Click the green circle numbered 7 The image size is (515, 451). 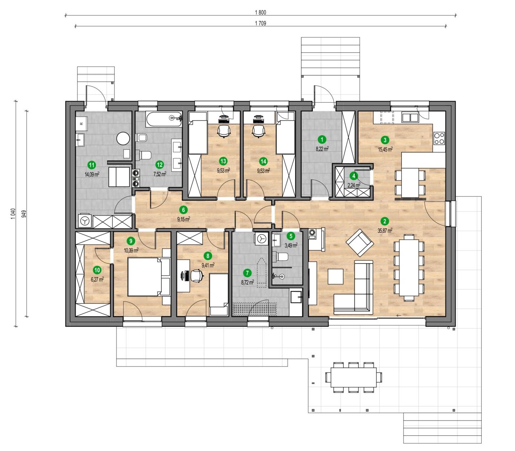tap(247, 273)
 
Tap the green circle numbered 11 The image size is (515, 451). tap(92, 165)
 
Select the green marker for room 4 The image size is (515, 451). tap(354, 176)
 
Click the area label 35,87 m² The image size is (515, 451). tap(385, 230)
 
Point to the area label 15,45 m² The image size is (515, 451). tap(385, 150)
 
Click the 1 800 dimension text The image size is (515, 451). tap(260, 12)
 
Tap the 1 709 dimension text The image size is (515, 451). tap(260, 23)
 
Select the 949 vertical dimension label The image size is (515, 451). tap(24, 214)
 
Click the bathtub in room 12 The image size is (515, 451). tap(163, 119)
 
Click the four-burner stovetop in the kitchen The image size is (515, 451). tap(439, 138)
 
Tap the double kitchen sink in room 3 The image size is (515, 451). tap(410, 118)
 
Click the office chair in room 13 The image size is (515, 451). tap(223, 131)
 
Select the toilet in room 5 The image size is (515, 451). tap(281, 257)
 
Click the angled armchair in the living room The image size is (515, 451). tap(359, 242)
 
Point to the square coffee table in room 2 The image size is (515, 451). tap(336, 276)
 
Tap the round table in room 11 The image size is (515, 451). tap(123, 138)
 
